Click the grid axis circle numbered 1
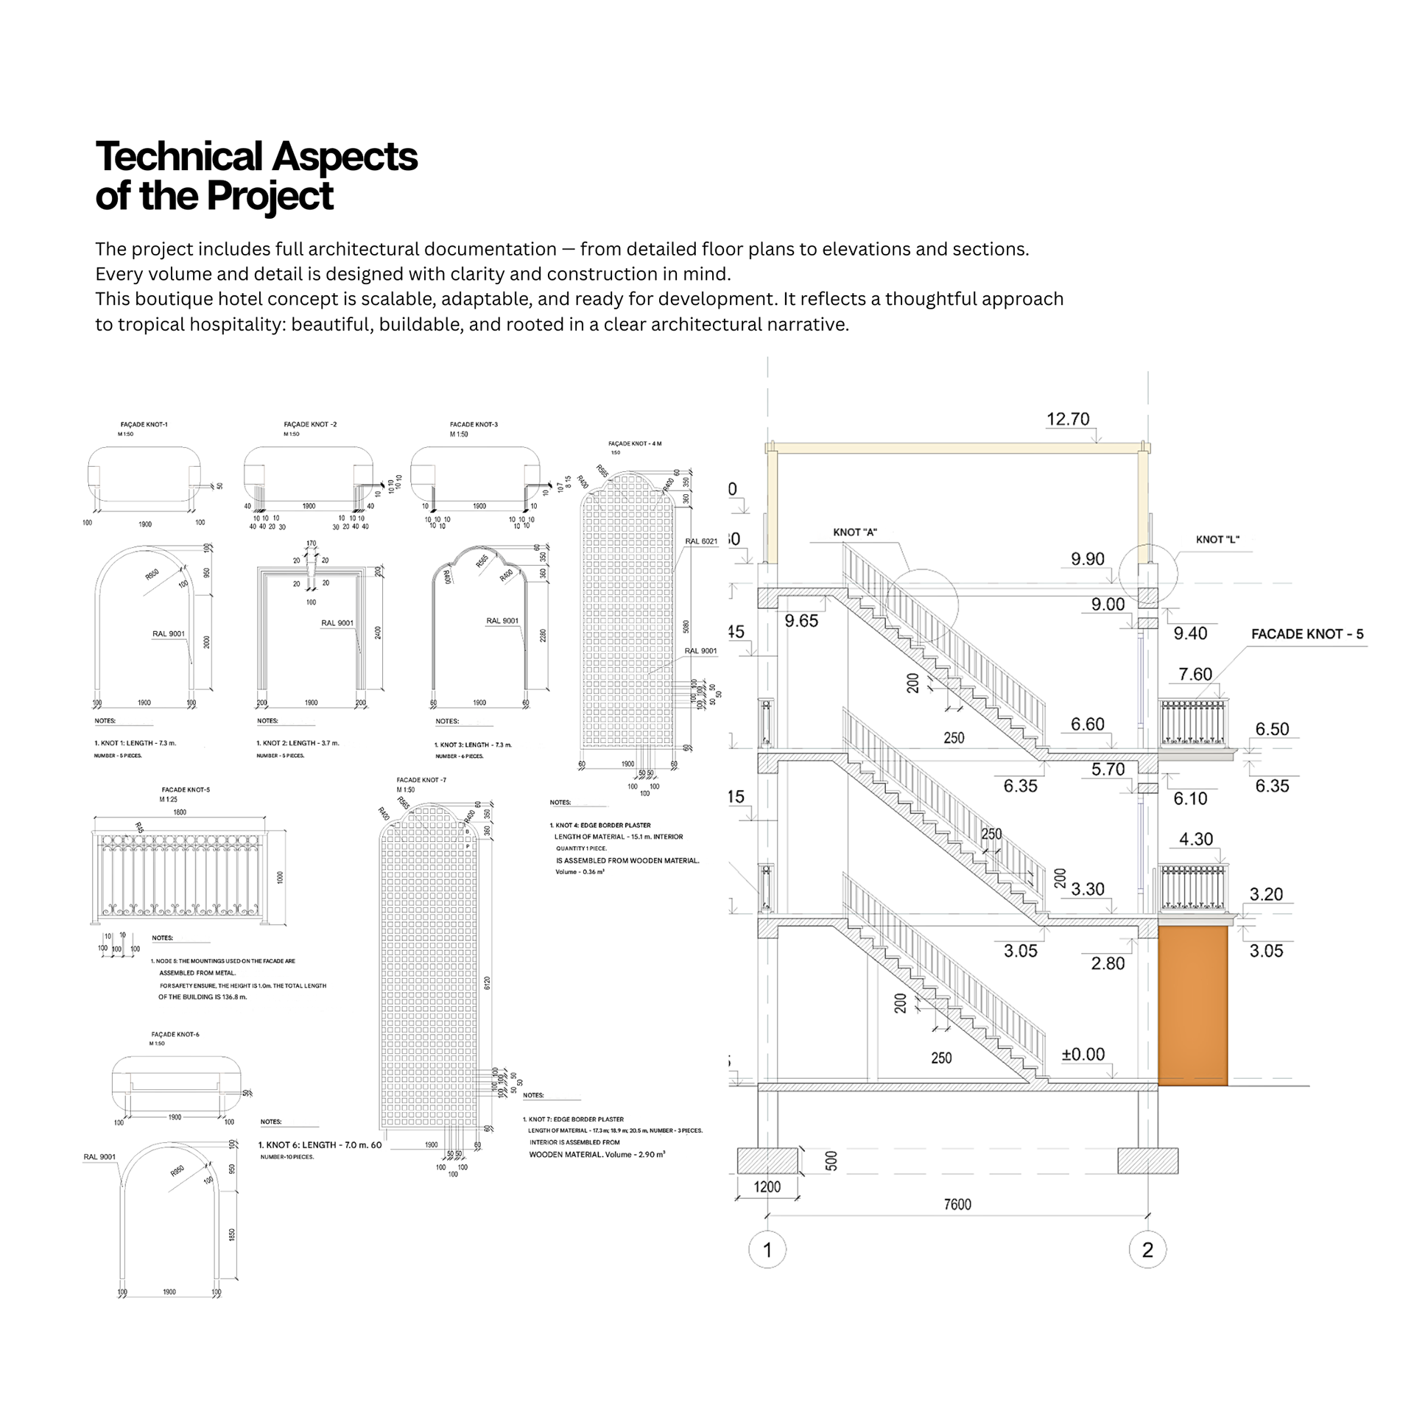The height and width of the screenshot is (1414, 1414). (x=767, y=1249)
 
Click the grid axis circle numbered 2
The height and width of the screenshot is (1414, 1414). (x=1147, y=1249)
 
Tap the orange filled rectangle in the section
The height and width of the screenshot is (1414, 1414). (x=1192, y=1005)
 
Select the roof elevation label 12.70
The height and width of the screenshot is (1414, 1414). (x=1068, y=419)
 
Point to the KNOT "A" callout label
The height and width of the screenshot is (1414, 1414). (x=855, y=532)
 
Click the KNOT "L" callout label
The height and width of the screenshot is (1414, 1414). (x=1217, y=540)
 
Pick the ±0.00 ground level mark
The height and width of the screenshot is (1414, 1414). (x=1083, y=1054)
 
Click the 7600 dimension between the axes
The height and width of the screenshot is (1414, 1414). (x=957, y=1204)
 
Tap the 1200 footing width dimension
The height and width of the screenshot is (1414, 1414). (x=767, y=1186)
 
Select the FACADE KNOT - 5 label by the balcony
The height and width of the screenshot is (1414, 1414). (x=1307, y=633)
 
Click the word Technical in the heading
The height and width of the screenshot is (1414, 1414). (x=179, y=156)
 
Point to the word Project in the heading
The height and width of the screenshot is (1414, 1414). (x=270, y=196)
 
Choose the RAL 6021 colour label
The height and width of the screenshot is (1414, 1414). (x=701, y=541)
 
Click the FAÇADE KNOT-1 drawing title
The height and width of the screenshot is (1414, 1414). (x=144, y=424)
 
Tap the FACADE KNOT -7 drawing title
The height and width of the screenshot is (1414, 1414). (x=421, y=780)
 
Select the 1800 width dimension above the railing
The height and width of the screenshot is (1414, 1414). (x=180, y=812)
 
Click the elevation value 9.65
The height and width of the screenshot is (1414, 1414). (x=801, y=621)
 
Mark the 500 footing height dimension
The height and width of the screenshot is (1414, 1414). (x=831, y=1161)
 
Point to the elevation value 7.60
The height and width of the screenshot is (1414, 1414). (x=1195, y=674)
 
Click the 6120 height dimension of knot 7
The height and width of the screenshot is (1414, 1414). (x=487, y=983)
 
